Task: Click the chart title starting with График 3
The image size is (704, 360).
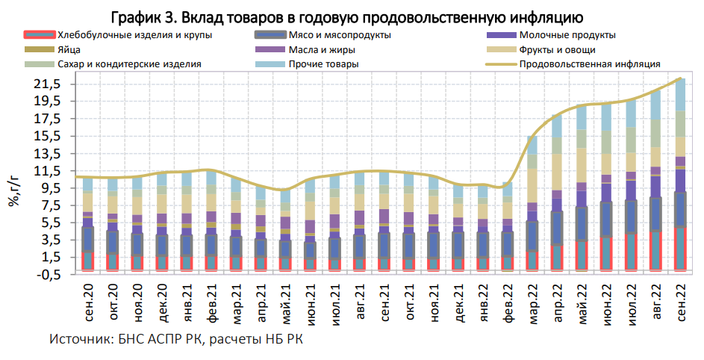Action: [352, 15]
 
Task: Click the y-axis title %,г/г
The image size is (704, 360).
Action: [13, 190]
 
